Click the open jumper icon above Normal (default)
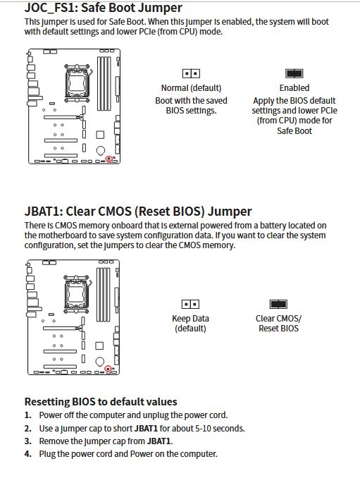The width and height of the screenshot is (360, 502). tap(191, 73)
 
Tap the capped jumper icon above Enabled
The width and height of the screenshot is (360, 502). tap(294, 73)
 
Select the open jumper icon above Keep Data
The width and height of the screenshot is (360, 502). tap(190, 304)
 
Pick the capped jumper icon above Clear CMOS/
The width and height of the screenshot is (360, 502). tap(278, 304)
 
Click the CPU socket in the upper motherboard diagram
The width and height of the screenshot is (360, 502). tap(77, 83)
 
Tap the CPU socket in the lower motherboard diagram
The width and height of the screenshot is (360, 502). tap(77, 294)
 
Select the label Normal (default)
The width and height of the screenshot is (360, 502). tap(191, 88)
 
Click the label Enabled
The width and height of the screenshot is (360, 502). tap(294, 87)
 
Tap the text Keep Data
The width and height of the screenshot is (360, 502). tap(190, 319)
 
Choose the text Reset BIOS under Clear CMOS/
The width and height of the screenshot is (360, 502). tap(278, 329)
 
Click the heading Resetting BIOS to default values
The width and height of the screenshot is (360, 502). tap(101, 402)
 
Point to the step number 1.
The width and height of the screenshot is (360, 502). tap(28, 415)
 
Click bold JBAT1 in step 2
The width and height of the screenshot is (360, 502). tap(146, 429)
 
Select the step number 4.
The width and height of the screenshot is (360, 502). tap(28, 454)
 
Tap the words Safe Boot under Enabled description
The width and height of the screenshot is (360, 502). tap(294, 131)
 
